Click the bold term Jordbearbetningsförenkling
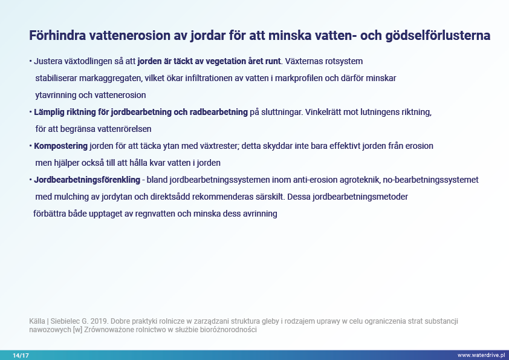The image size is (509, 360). coord(87,180)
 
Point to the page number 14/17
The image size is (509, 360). coord(21,355)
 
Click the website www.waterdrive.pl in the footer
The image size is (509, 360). coord(481,355)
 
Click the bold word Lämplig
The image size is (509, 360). coord(51,112)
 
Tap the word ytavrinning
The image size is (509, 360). coord(56,96)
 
